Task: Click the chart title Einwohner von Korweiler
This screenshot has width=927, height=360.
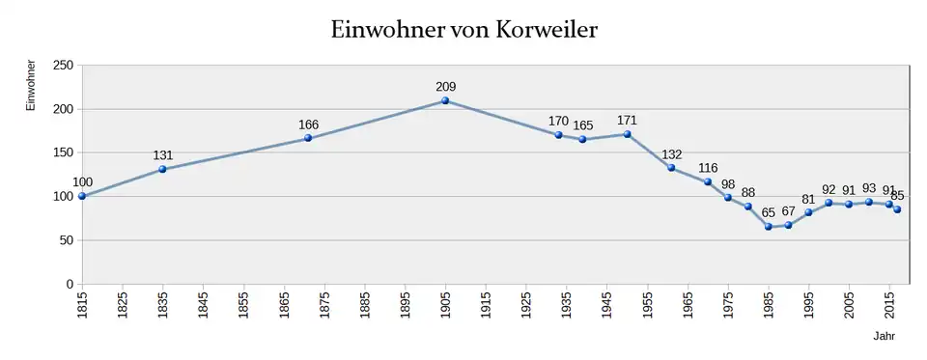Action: pos(463,30)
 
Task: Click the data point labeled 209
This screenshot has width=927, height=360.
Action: pos(445,100)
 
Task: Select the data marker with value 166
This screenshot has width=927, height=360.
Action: pos(308,138)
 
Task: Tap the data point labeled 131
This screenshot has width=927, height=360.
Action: pos(162,169)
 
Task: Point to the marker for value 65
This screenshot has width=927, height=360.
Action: pos(769,227)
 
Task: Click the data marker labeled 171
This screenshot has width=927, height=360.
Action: pos(628,134)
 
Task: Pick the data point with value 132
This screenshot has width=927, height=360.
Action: pos(671,168)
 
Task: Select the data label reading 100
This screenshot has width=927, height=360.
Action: pos(83,182)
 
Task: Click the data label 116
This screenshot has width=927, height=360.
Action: pos(708,168)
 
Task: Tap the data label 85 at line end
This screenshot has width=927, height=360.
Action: pos(898,195)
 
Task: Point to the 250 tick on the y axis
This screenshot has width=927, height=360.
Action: pos(63,66)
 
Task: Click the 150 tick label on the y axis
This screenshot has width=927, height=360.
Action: pos(63,152)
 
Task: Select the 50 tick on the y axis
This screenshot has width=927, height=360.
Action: pos(67,240)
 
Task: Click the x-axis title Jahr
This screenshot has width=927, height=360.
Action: pos(884,337)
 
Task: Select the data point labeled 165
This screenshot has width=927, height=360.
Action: pos(582,139)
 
